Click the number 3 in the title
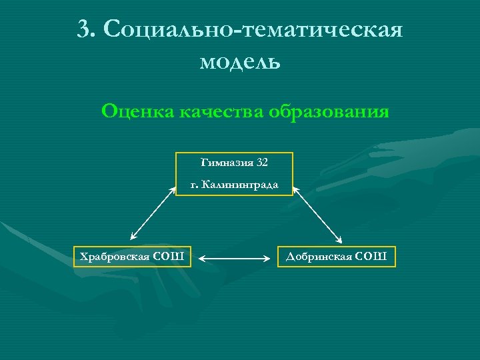click(83, 29)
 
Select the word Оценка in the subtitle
click(137, 111)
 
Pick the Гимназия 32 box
click(234, 173)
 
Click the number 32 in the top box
click(262, 162)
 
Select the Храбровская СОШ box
click(132, 256)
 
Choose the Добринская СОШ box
click(337, 256)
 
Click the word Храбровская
click(114, 256)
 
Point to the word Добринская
click(319, 256)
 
